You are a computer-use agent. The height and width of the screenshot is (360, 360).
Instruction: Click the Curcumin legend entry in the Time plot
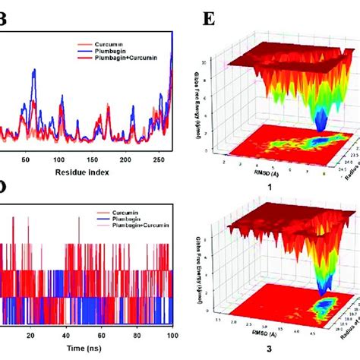click(x=107, y=218)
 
